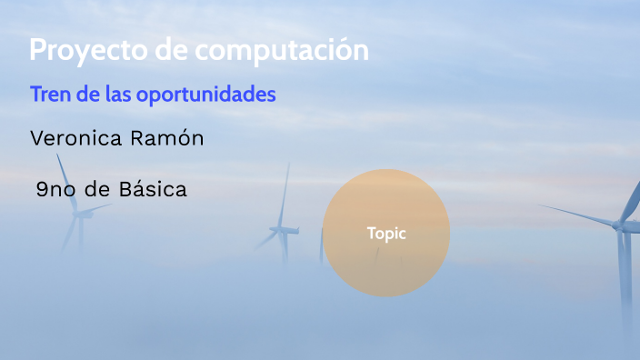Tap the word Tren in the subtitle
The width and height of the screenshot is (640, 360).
(49, 95)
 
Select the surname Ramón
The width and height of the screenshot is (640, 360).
(170, 138)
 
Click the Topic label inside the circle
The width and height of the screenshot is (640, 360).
(386, 233)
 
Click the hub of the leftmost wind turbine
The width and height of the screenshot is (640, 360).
(80, 215)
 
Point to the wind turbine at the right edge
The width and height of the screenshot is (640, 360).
(624, 245)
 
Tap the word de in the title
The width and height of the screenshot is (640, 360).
(165, 51)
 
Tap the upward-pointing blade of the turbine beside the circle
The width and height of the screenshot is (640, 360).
(285, 195)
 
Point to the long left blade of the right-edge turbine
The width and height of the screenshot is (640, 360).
(582, 216)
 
